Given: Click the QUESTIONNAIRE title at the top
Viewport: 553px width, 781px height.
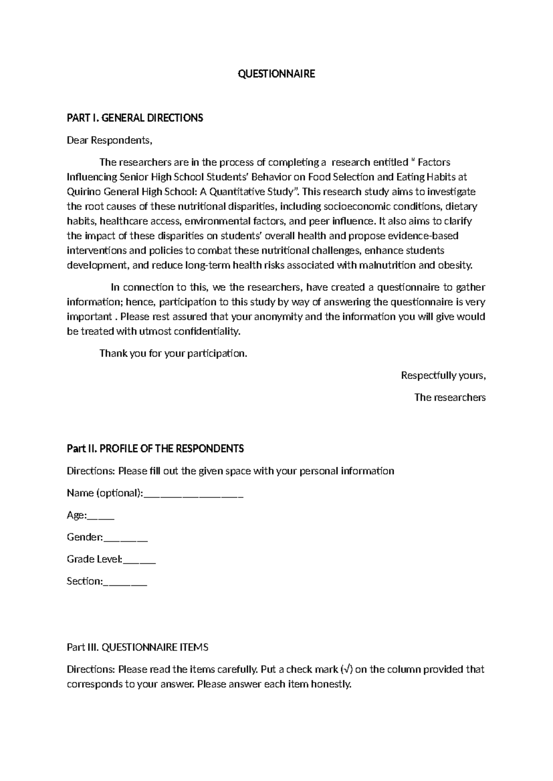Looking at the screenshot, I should [x=276, y=74].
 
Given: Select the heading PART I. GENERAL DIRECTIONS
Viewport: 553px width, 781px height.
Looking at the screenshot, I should [x=135, y=118].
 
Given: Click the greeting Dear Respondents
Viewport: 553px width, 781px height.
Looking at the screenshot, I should [x=109, y=140].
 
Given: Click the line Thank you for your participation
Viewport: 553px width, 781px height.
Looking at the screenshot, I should [x=173, y=354].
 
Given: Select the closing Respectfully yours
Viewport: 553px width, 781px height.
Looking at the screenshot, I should [x=443, y=376].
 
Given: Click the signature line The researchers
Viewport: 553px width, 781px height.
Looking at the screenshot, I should [x=450, y=397].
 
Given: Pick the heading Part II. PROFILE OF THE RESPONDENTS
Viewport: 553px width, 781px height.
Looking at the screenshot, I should [x=155, y=449].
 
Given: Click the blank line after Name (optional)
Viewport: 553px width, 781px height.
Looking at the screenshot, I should [x=194, y=495].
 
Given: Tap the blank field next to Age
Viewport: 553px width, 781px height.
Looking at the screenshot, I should [x=100, y=517].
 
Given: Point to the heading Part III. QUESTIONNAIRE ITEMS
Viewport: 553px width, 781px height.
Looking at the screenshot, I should [x=137, y=647].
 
